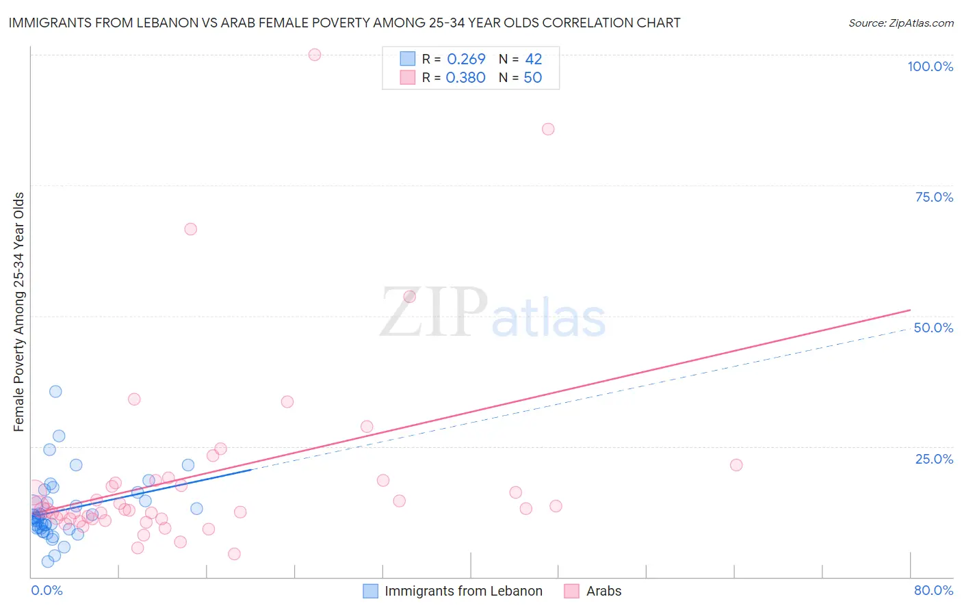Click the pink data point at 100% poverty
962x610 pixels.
[315, 55]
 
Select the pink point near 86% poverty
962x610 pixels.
[548, 129]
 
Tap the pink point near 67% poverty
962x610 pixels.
[191, 229]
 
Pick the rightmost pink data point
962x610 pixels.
[736, 465]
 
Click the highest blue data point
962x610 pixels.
[55, 392]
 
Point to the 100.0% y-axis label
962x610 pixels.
[930, 66]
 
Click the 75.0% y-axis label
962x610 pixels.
[934, 197]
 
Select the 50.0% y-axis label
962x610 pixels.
[933, 328]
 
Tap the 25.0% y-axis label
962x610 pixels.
[934, 459]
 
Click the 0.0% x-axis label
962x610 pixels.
[47, 590]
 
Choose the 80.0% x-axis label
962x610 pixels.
[933, 590]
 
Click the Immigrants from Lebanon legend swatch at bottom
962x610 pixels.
[370, 591]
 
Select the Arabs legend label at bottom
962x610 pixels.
[603, 591]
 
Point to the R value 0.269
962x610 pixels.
[466, 59]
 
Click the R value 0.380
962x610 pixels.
[465, 78]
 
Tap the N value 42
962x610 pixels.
[533, 59]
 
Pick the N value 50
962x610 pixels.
[532, 78]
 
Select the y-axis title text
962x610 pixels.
[19, 312]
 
